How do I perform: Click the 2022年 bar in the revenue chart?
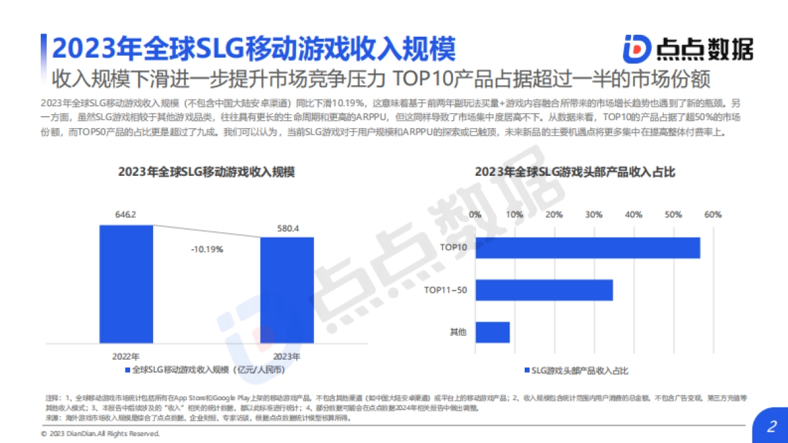point(126,284)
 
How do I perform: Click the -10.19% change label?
point(207,249)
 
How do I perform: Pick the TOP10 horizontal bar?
point(587,247)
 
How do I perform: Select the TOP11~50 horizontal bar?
point(544,289)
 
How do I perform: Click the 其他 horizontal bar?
point(492,332)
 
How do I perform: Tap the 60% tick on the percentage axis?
point(713,215)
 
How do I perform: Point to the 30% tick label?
point(594,215)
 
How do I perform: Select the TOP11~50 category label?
point(445,289)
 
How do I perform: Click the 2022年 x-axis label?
point(125,356)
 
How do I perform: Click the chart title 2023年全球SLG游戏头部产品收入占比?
point(575,172)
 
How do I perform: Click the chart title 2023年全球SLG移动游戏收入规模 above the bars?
point(206,172)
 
